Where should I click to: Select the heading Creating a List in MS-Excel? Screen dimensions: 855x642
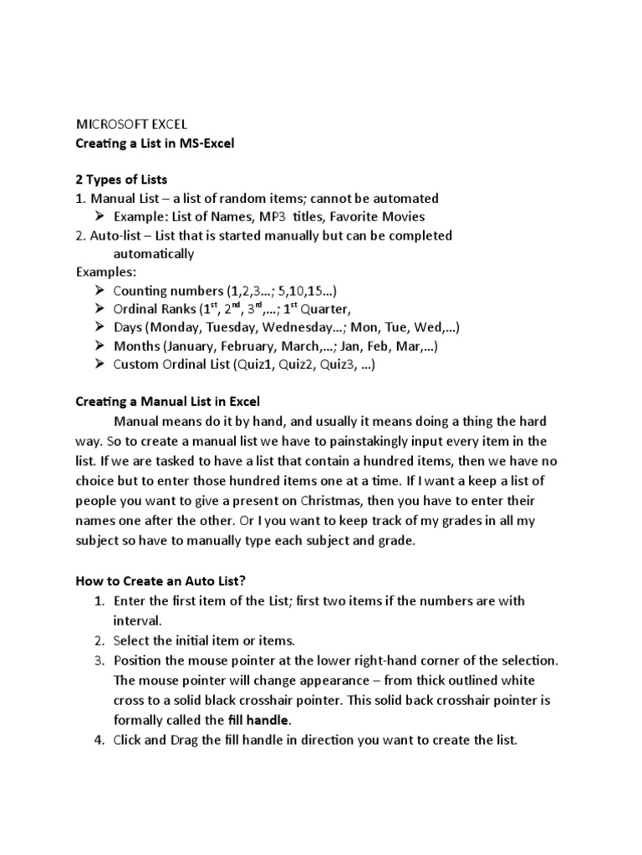[155, 144]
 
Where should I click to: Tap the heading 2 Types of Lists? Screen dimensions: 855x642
[122, 180]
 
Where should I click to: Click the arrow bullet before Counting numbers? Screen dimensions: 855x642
[99, 290]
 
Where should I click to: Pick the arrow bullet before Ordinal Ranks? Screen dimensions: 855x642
[99, 308]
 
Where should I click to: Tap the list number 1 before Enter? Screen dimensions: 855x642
[98, 601]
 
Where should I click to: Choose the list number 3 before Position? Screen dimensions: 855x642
[98, 660]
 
